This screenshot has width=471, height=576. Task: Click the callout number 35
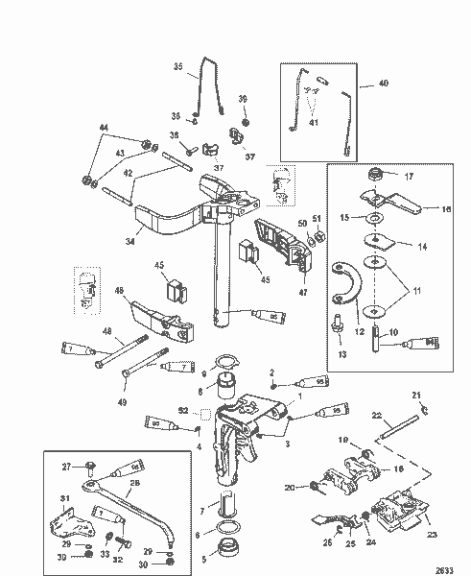click(177, 66)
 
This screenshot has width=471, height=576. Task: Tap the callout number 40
click(384, 84)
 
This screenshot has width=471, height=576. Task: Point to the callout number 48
click(107, 332)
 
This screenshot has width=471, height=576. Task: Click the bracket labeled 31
click(65, 526)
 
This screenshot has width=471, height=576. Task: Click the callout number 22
click(378, 415)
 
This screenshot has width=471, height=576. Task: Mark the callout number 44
click(105, 129)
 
